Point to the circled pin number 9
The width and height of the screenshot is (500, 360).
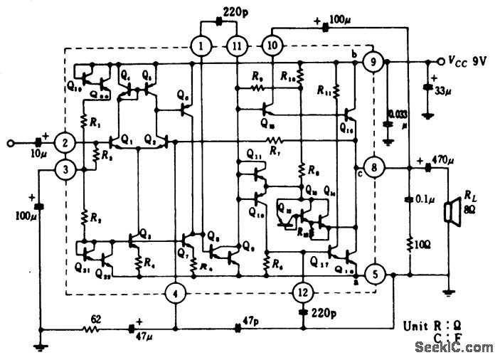[x=371, y=63]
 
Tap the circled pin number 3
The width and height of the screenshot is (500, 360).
[x=64, y=169]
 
